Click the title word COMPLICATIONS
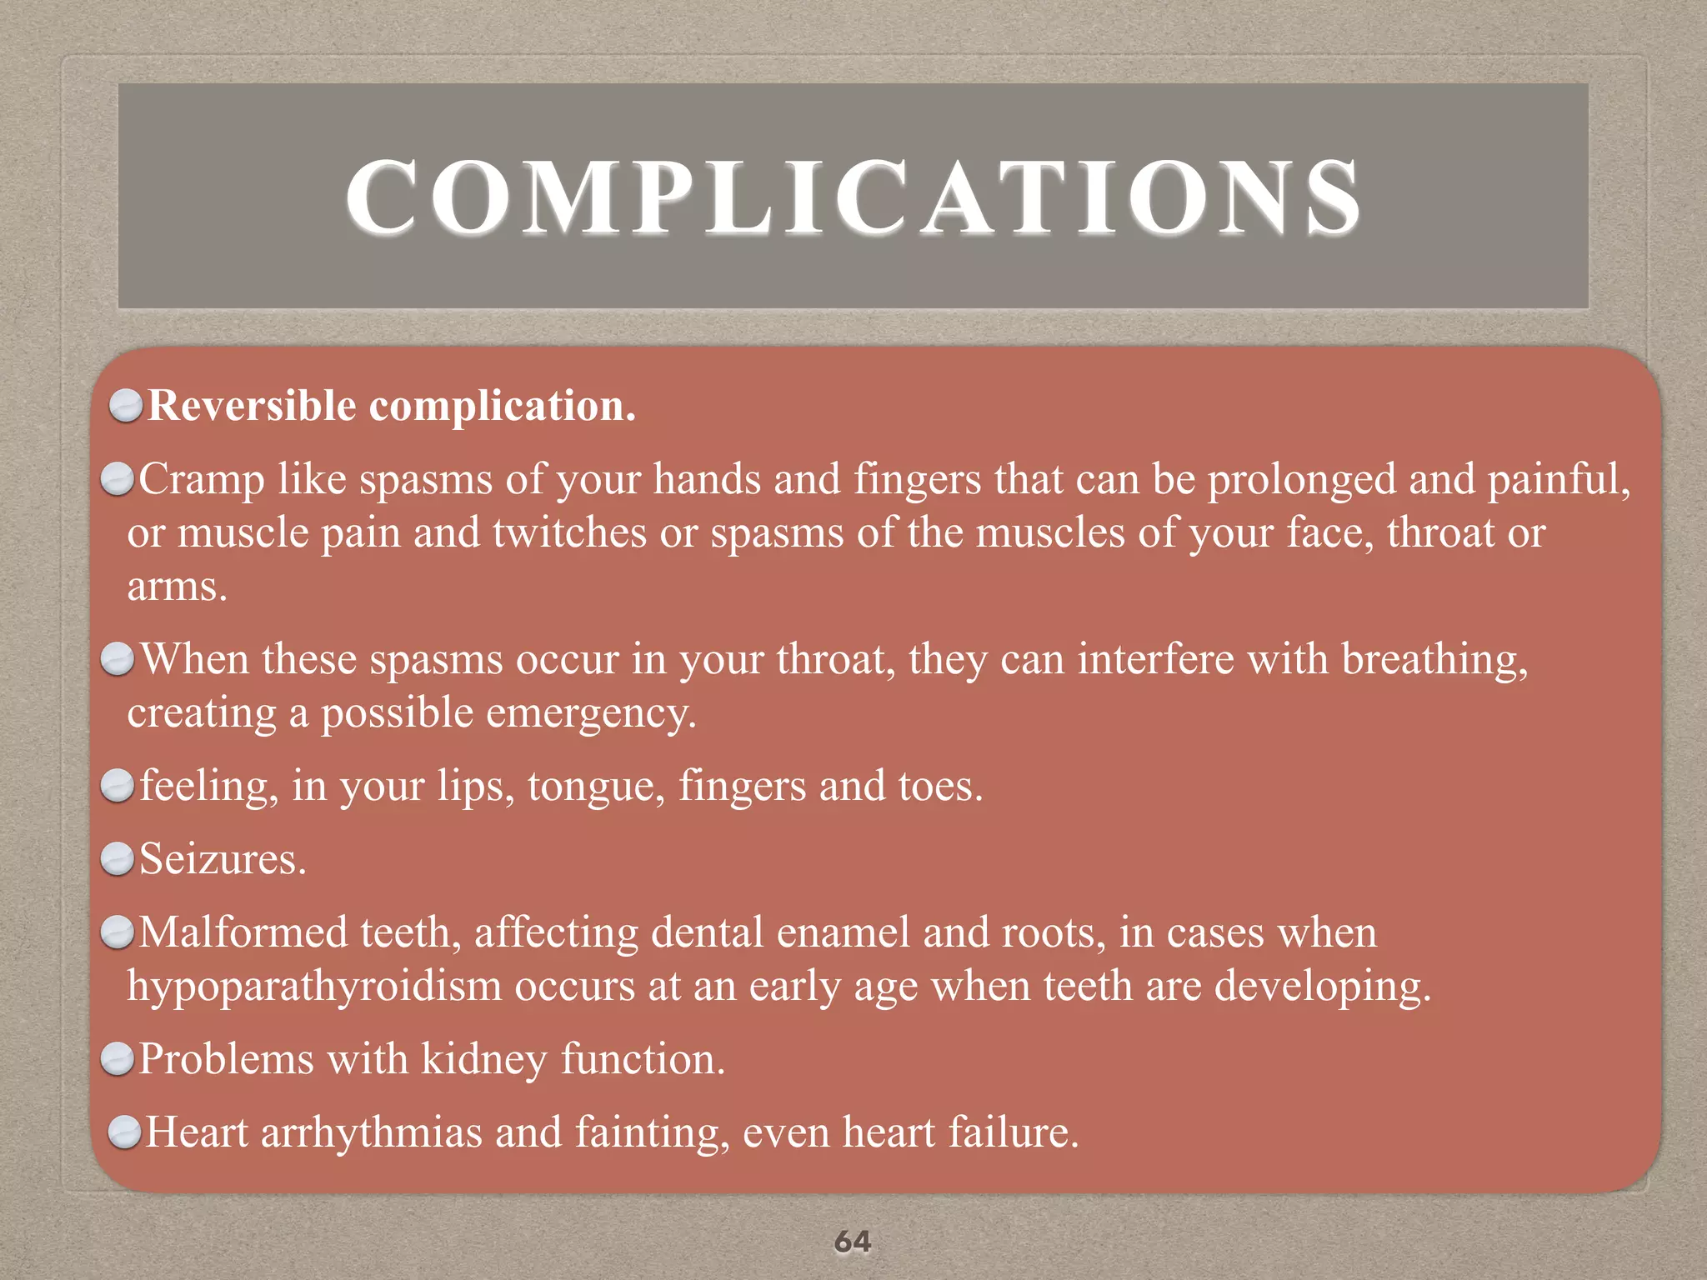[853, 197]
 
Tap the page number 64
[853, 1242]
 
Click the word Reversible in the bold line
[252, 407]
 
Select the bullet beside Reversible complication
[126, 407]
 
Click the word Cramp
[201, 481]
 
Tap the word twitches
[569, 533]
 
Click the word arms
[176, 587]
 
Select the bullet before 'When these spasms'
[118, 660]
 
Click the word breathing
[1434, 660]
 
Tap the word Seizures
[223, 859]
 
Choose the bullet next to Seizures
[118, 859]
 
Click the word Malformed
[243, 932]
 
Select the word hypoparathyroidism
[313, 987]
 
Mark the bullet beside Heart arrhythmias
[126, 1133]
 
